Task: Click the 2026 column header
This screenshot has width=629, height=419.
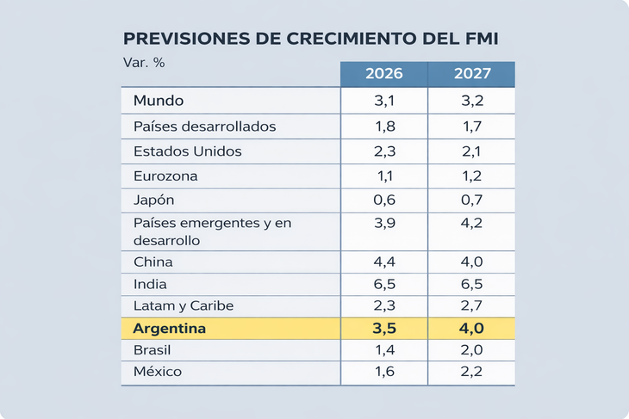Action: pyautogui.click(x=384, y=74)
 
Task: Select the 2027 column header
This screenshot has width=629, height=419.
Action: pyautogui.click(x=472, y=74)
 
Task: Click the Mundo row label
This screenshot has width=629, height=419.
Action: pyautogui.click(x=159, y=101)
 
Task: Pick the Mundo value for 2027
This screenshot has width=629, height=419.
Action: pyautogui.click(x=472, y=101)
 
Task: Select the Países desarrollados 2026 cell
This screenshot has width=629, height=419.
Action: pyautogui.click(x=384, y=126)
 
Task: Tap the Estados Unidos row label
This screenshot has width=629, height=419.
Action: pyautogui.click(x=188, y=151)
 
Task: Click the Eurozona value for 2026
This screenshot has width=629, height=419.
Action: pyautogui.click(x=384, y=176)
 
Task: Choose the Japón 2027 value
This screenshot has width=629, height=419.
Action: pyautogui.click(x=472, y=200)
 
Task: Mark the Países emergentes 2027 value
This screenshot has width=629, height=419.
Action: pyautogui.click(x=472, y=224)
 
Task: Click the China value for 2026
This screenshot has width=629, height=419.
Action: pyautogui.click(x=384, y=262)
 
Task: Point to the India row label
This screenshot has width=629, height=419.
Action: pyautogui.click(x=151, y=284)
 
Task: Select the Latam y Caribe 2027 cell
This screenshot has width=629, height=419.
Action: pyautogui.click(x=472, y=305)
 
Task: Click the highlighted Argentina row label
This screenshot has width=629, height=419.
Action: pyautogui.click(x=170, y=329)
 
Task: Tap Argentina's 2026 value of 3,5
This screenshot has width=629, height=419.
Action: pyautogui.click(x=384, y=329)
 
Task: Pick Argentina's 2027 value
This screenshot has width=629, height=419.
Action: pyautogui.click(x=472, y=329)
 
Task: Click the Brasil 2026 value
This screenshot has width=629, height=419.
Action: pyautogui.click(x=384, y=351)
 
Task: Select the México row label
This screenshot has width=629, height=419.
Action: pyautogui.click(x=158, y=373)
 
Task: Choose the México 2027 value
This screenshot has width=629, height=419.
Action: pyautogui.click(x=472, y=373)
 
